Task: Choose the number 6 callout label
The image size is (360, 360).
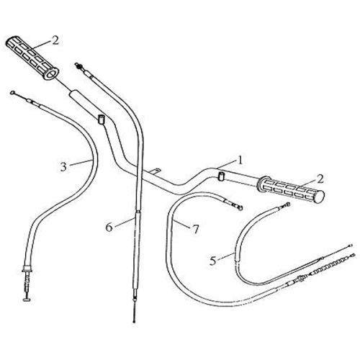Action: (109, 226)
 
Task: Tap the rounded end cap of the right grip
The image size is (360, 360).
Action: (322, 195)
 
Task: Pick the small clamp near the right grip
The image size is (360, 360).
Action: (221, 176)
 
